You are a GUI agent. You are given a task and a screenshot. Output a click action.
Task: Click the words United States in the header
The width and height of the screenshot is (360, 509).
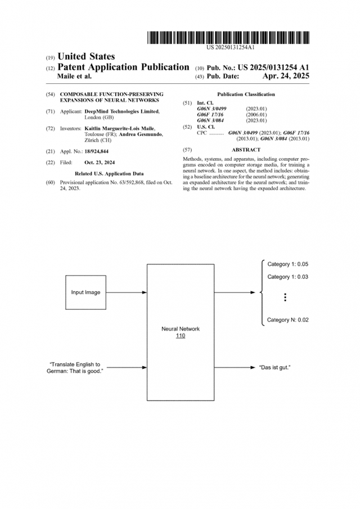pyautogui.click(x=87, y=56)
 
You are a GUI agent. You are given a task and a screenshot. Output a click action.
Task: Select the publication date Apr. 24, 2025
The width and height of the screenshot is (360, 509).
pyautogui.click(x=286, y=76)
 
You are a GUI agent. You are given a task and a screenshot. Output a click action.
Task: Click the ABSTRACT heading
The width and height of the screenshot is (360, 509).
pyautogui.click(x=246, y=150)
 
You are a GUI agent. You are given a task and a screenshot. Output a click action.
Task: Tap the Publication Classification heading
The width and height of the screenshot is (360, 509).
pyautogui.click(x=246, y=94)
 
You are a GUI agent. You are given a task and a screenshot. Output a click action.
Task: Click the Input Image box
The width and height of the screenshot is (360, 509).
pyautogui.click(x=85, y=292)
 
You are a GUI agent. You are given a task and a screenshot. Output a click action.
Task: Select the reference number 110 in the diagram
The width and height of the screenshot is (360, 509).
pyautogui.click(x=181, y=336)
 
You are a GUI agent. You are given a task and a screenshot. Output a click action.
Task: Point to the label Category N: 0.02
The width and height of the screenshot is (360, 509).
pyautogui.click(x=287, y=320)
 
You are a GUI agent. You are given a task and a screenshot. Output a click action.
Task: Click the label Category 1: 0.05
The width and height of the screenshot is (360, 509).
pyautogui.click(x=287, y=264)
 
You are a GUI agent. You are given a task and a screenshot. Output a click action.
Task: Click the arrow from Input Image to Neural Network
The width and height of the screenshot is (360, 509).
pyautogui.click(x=126, y=292)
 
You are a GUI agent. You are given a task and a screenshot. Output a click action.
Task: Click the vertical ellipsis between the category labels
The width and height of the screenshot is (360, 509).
pyautogui.click(x=285, y=298)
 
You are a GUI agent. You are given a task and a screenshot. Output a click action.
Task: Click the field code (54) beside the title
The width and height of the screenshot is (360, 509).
pyautogui.click(x=49, y=94)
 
